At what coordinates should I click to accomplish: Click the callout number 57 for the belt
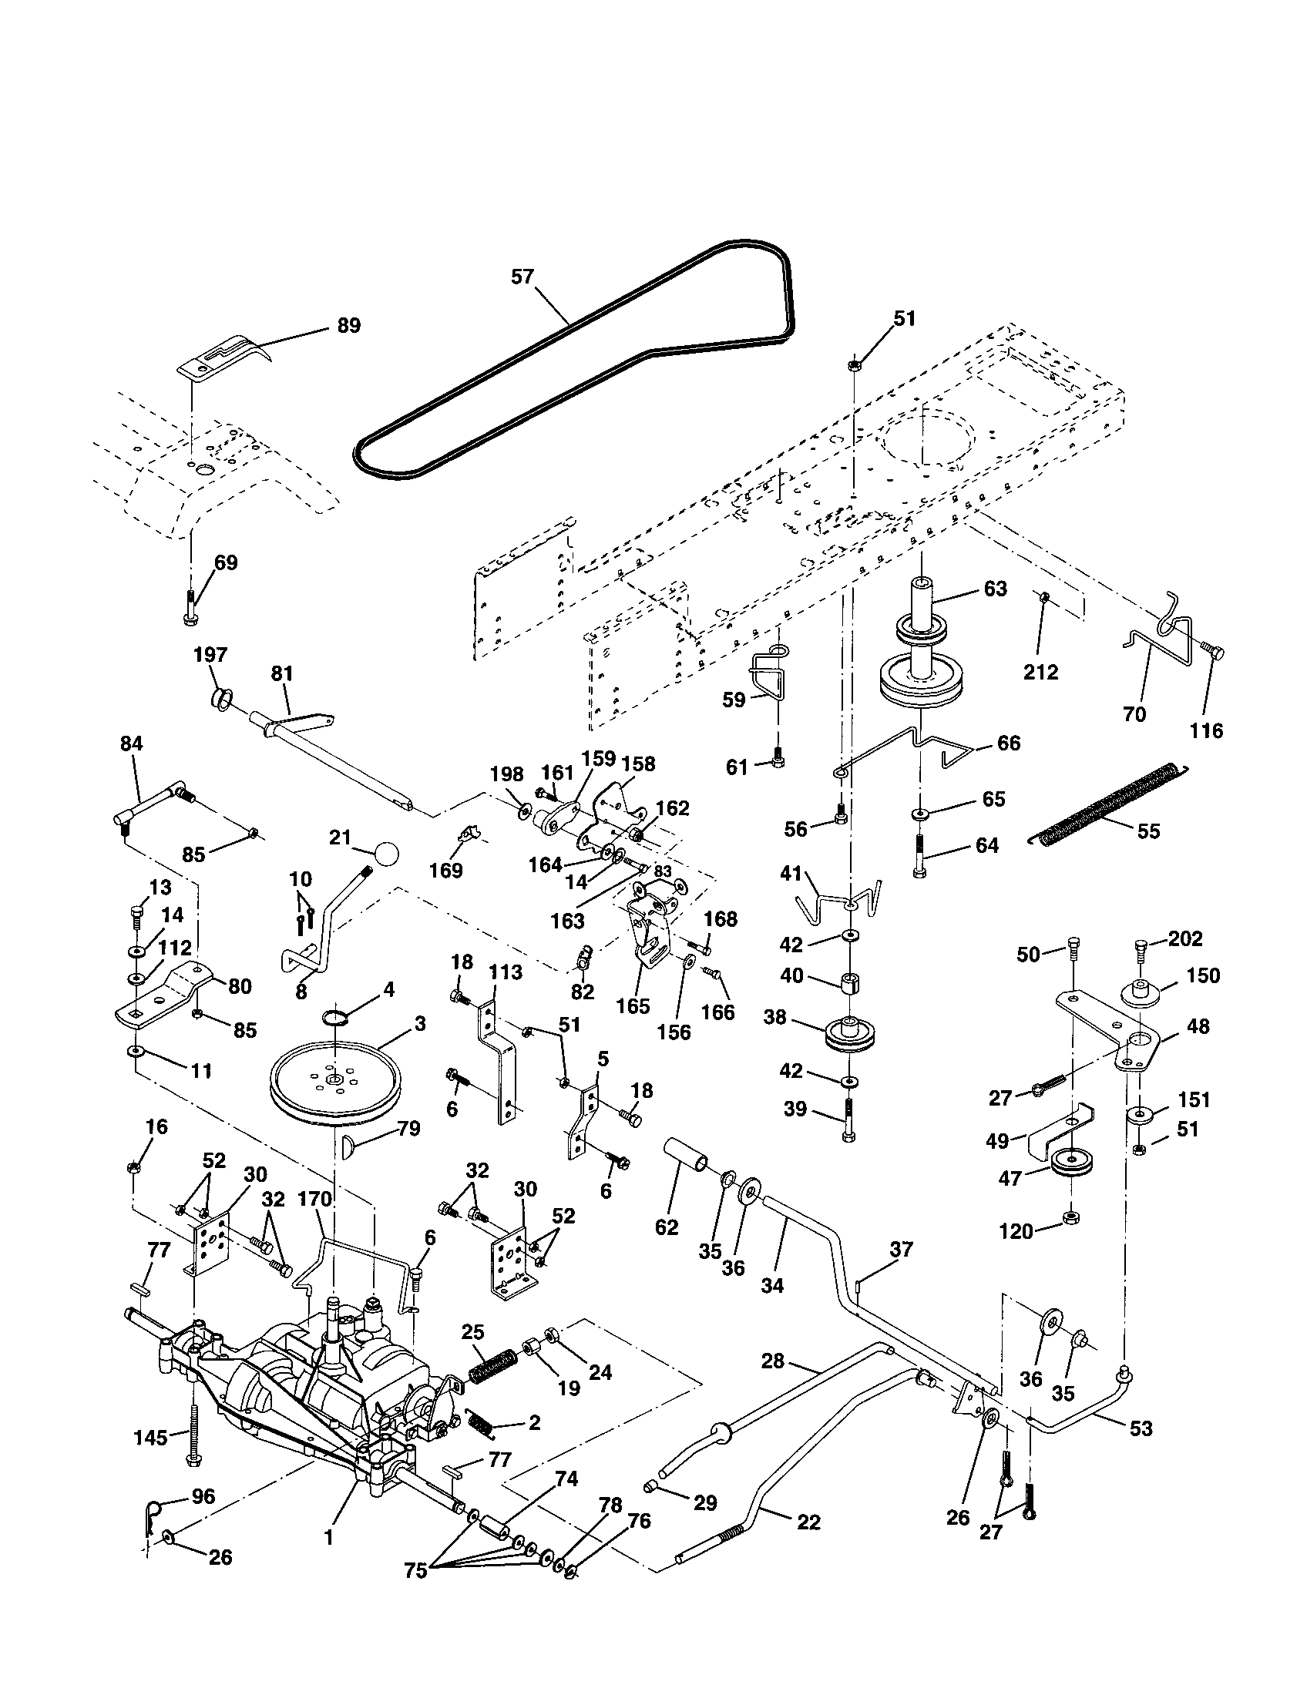pos(522,277)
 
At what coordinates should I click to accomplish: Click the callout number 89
pos(349,325)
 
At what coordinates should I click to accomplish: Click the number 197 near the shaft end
pos(210,655)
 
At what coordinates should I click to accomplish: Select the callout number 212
pos(1040,671)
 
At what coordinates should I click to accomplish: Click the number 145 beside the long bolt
pos(150,1438)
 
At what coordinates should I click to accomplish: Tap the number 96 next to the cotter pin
pos(203,1496)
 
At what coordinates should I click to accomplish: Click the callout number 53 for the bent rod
pos(1141,1428)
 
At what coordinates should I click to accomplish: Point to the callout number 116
pos(1206,730)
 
